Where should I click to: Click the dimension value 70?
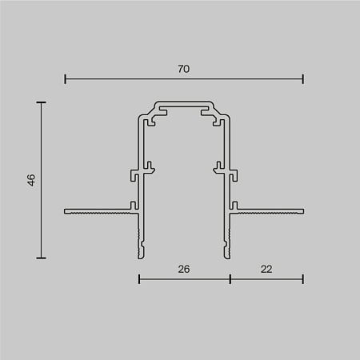click(x=183, y=70)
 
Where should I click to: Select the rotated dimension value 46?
click(x=30, y=180)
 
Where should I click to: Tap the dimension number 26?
click(x=184, y=270)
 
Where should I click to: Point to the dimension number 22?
click(x=266, y=270)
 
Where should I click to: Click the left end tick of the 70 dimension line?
click(x=65, y=78)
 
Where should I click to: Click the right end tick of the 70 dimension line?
click(x=303, y=78)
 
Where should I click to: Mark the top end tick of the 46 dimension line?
click(x=41, y=102)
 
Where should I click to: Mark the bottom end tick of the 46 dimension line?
click(x=41, y=258)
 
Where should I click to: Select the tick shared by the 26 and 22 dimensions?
click(x=230, y=278)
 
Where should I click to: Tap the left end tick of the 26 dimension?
click(x=139, y=278)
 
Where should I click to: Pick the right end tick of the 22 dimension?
click(x=303, y=278)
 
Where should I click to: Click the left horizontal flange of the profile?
click(x=96, y=212)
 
